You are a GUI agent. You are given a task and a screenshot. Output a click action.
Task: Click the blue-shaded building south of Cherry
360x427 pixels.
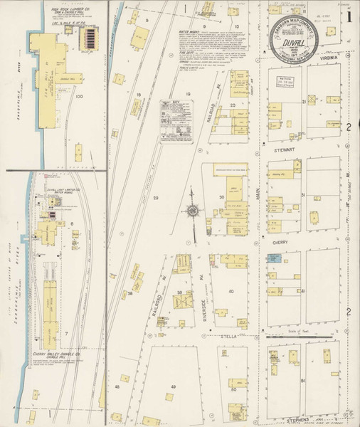(x=274, y=260)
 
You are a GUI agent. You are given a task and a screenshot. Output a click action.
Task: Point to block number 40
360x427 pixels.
(x=231, y=291)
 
